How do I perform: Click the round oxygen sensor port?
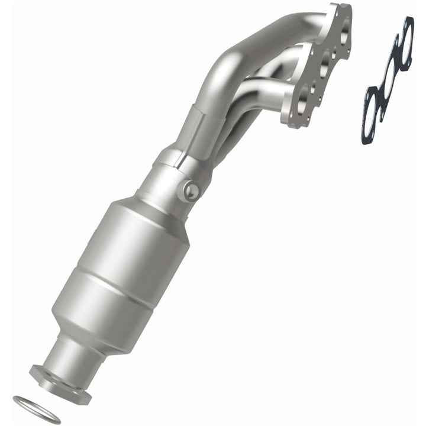[191, 189]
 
